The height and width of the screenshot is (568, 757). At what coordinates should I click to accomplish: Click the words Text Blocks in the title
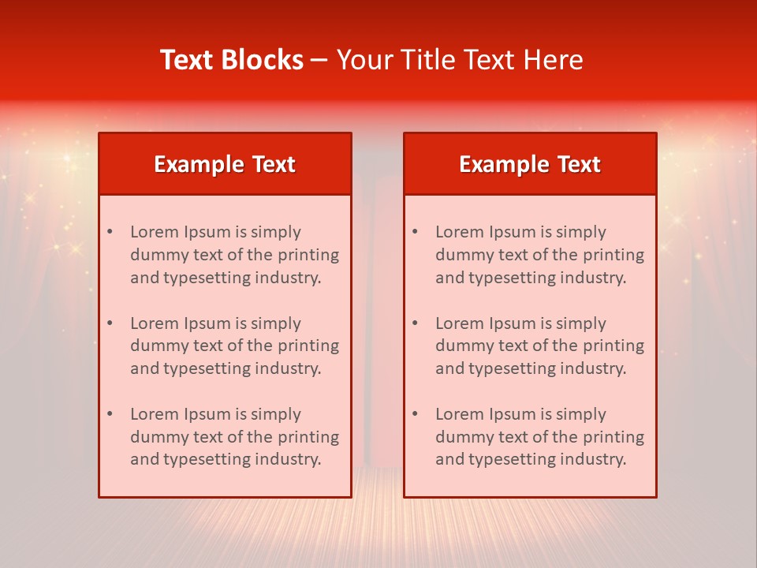point(232,60)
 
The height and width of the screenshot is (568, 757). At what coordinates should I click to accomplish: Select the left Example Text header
point(225,164)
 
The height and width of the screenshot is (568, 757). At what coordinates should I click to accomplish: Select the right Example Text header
point(530,164)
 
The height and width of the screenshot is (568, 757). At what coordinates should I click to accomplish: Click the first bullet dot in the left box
point(110,232)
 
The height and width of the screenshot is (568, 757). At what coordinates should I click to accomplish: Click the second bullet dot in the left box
point(110,323)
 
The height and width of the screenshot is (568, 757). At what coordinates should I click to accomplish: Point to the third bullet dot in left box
point(110,414)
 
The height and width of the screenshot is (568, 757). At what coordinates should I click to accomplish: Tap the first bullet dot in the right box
point(415,232)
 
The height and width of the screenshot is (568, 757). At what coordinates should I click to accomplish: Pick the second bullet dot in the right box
point(415,323)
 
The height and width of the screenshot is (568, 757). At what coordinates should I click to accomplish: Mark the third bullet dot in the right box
point(415,414)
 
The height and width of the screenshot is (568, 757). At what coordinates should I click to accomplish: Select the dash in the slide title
point(319,60)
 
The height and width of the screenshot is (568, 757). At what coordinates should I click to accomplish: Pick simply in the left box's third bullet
point(276,414)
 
